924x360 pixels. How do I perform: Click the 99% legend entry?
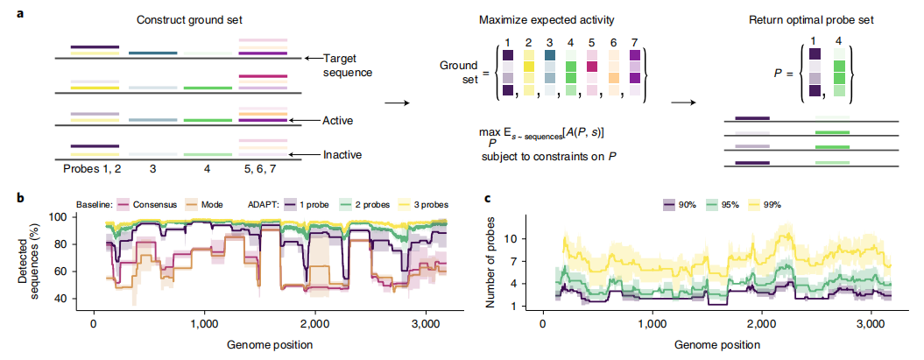770,204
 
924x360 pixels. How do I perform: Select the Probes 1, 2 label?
88,166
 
